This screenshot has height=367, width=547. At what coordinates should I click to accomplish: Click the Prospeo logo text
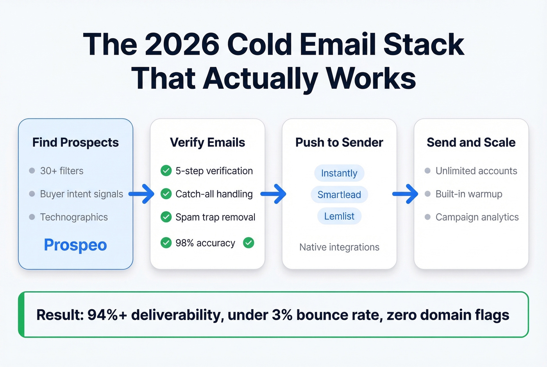(x=75, y=245)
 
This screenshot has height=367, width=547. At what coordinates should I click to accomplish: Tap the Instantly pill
(x=339, y=173)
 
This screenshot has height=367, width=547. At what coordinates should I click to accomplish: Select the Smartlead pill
(x=339, y=195)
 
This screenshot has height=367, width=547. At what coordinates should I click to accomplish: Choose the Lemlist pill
(x=339, y=216)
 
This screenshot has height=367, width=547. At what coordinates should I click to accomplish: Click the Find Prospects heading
(x=75, y=143)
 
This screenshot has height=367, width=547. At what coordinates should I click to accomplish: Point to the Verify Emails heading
(x=207, y=143)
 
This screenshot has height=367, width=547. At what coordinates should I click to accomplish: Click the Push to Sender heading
(x=339, y=143)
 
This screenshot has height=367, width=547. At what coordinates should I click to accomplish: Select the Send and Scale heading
(x=471, y=143)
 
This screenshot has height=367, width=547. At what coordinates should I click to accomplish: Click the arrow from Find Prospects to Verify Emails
(x=141, y=194)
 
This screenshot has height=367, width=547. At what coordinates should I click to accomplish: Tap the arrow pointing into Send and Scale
(x=405, y=194)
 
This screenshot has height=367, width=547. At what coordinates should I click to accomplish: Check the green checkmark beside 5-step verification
(x=166, y=171)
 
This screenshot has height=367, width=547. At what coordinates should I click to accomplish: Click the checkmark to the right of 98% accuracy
(x=248, y=243)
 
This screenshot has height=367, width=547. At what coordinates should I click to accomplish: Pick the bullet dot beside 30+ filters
(x=32, y=171)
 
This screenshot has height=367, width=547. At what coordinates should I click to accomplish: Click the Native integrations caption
(x=339, y=247)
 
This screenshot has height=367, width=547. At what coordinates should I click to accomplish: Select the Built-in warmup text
(x=469, y=194)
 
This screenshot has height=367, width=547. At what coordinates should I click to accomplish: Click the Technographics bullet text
(x=74, y=217)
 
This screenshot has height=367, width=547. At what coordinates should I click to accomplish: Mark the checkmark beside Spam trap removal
(x=166, y=217)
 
